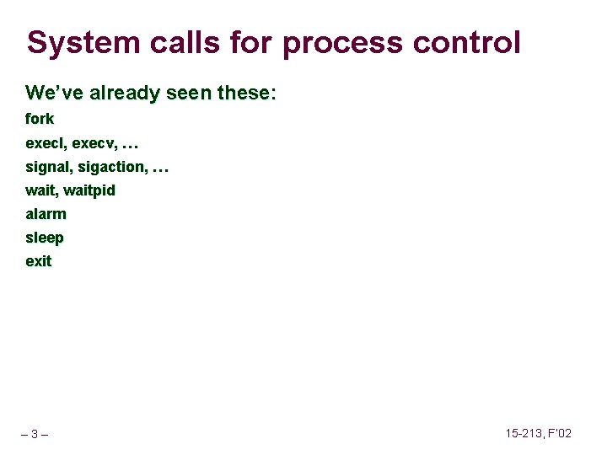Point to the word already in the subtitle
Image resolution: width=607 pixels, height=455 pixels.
[x=121, y=93]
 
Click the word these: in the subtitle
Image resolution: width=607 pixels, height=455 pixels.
[x=246, y=93]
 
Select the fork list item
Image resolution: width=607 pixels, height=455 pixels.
[x=40, y=119]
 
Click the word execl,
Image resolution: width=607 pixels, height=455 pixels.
[x=46, y=143]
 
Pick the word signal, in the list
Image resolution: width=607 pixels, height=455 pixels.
[x=49, y=167]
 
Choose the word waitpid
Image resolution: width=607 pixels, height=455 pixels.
[x=89, y=190]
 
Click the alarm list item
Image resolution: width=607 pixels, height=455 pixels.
[x=46, y=214]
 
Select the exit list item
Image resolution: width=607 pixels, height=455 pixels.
[x=38, y=261]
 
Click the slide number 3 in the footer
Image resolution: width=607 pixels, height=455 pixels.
[x=34, y=435]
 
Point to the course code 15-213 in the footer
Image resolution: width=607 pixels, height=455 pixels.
[x=524, y=433]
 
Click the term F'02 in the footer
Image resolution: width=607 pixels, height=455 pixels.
[x=560, y=433]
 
